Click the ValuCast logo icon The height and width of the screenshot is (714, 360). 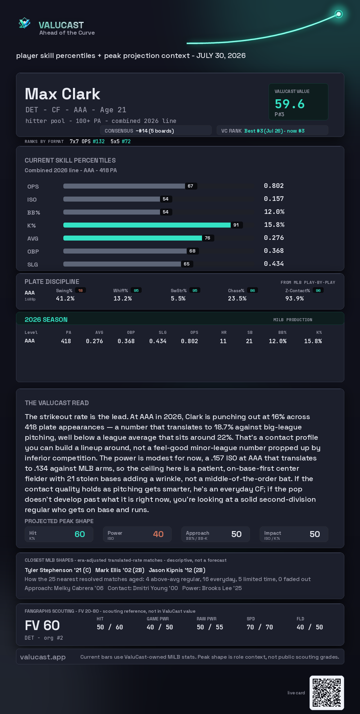click(24, 23)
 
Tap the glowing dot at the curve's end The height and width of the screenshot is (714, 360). click(339, 14)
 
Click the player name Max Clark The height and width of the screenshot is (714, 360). click(62, 94)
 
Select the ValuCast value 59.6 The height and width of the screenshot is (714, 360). click(290, 104)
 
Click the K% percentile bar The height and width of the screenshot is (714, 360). click(147, 225)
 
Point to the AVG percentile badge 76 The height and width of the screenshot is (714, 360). click(208, 238)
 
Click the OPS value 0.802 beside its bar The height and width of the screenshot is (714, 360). click(274, 186)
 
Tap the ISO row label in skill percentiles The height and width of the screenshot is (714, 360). click(32, 200)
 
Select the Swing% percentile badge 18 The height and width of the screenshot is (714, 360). click(80, 291)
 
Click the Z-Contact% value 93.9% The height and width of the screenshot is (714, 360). click(295, 299)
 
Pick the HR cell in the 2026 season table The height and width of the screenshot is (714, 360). click(223, 341)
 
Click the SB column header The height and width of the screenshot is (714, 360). click(250, 333)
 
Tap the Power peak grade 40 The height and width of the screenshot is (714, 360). click(158, 534)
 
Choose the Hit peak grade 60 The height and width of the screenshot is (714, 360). click(80, 534)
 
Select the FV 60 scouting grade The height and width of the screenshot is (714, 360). click(42, 625)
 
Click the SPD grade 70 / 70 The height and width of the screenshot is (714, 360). click(260, 627)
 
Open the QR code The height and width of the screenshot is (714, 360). click(327, 693)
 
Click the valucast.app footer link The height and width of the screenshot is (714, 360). click(43, 657)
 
